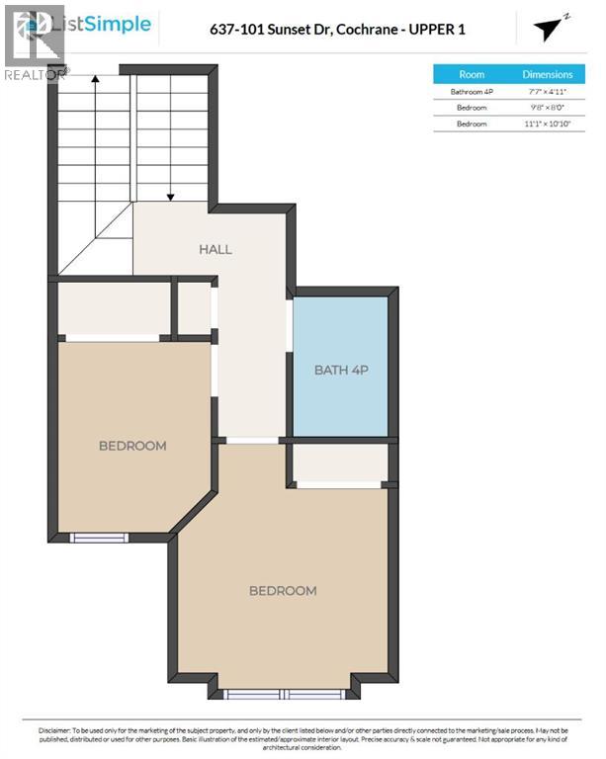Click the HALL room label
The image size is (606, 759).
pyautogui.click(x=215, y=249)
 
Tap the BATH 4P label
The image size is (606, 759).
pyautogui.click(x=341, y=371)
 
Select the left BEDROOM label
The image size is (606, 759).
pyautogui.click(x=132, y=446)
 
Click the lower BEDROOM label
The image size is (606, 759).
pyautogui.click(x=283, y=591)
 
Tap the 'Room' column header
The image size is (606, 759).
pyautogui.click(x=472, y=74)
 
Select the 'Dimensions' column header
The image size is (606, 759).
pyautogui.click(x=547, y=74)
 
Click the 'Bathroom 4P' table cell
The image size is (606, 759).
pyautogui.click(x=472, y=92)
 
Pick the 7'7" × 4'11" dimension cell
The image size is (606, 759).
pyautogui.click(x=547, y=92)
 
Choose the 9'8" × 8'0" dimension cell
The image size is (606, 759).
pyautogui.click(x=547, y=108)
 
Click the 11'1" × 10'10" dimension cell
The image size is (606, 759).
pyautogui.click(x=547, y=124)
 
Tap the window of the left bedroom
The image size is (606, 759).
pyautogui.click(x=99, y=538)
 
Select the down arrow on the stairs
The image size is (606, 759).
pyautogui.click(x=171, y=193)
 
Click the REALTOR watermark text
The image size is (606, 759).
pyautogui.click(x=36, y=74)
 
